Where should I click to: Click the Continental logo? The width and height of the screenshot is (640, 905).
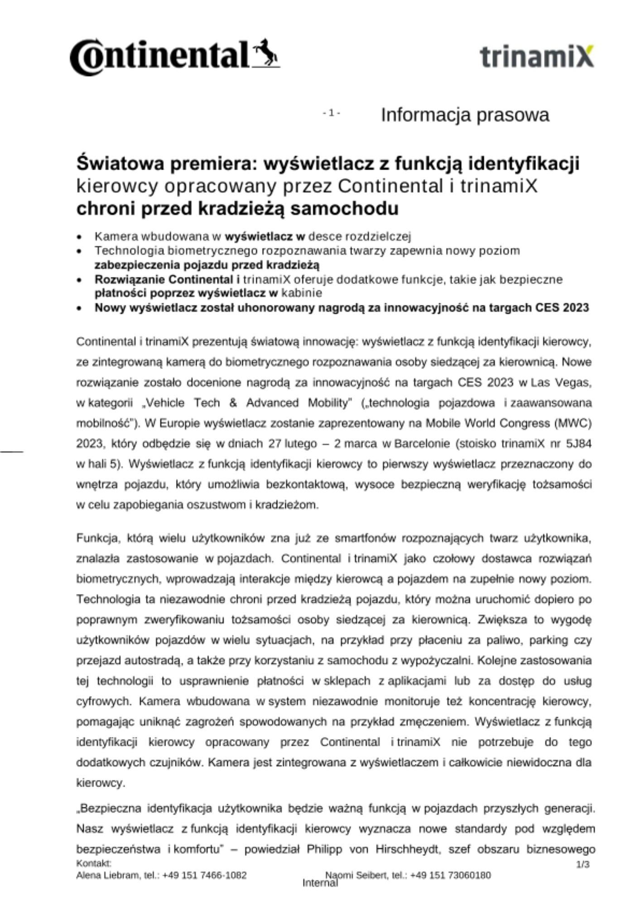(x=174, y=57)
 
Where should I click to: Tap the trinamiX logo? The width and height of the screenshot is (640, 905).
(x=536, y=57)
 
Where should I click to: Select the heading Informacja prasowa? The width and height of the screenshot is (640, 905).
(x=465, y=115)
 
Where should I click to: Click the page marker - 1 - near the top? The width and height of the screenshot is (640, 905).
(x=332, y=113)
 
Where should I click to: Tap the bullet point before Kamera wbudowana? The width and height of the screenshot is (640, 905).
(x=80, y=237)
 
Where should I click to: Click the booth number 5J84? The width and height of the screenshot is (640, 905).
(x=578, y=443)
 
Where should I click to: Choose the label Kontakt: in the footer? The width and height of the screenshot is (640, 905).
(x=94, y=863)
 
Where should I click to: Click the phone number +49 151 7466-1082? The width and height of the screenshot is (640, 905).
(x=204, y=875)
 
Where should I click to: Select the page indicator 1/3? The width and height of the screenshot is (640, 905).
(x=582, y=864)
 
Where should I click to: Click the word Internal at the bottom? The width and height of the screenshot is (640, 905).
(x=320, y=883)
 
